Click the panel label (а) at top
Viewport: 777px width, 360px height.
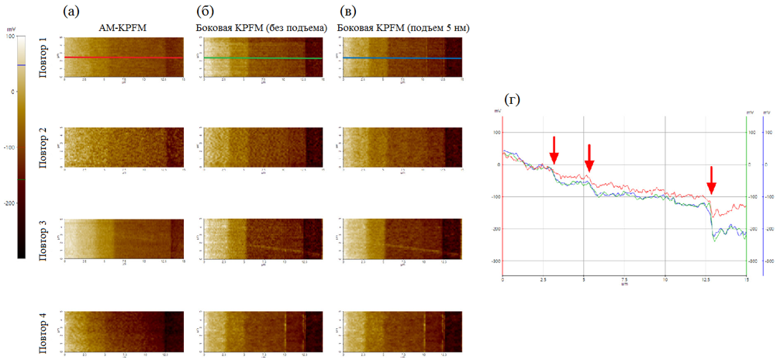click(x=71, y=11)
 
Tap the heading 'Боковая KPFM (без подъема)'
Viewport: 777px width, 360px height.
click(x=261, y=28)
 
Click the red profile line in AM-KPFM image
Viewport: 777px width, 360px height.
click(x=124, y=57)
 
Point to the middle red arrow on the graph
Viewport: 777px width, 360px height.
click(x=589, y=157)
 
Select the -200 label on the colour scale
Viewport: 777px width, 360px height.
click(x=11, y=203)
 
